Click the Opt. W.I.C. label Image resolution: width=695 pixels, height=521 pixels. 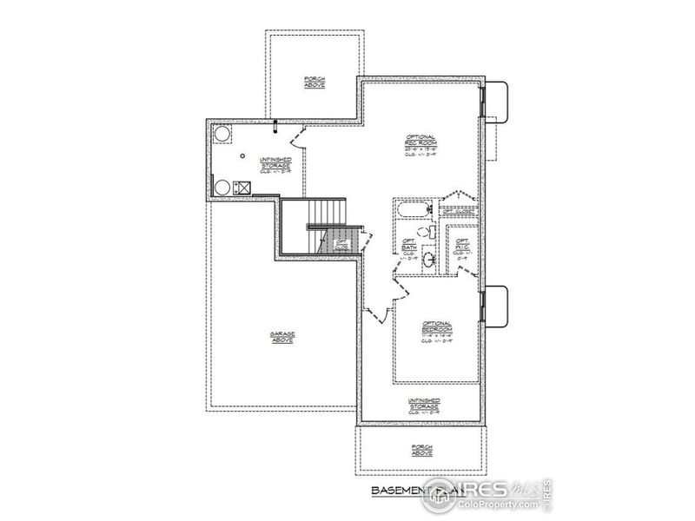tap(462, 247)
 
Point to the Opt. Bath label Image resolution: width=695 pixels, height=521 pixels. tap(407, 247)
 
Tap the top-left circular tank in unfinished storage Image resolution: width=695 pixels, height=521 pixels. tap(222, 134)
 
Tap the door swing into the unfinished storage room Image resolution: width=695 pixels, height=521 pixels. tap(295, 139)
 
